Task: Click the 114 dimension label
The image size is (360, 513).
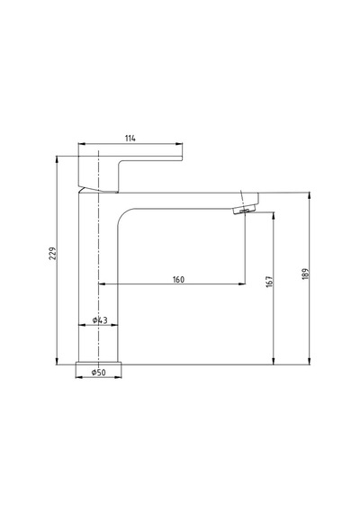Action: (x=130, y=139)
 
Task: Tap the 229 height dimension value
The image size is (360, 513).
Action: (x=53, y=254)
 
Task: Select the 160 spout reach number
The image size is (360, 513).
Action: (x=178, y=279)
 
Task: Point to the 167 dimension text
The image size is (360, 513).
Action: (x=269, y=282)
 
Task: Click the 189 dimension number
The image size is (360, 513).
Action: (x=305, y=274)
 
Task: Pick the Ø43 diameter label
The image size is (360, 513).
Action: (x=100, y=320)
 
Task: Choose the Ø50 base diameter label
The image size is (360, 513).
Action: (x=98, y=373)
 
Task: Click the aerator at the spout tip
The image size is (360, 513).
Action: (x=245, y=210)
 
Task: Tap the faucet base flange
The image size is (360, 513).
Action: (x=98, y=364)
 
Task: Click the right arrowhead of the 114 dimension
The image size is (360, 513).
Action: (x=179, y=144)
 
